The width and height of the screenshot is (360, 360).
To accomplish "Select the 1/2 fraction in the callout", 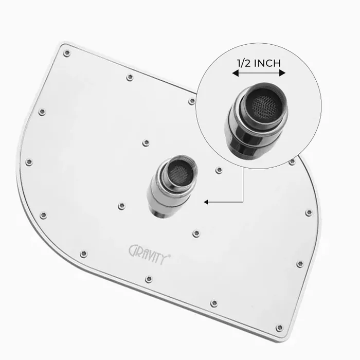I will (x=244, y=63).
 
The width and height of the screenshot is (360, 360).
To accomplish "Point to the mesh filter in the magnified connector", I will (x=265, y=105).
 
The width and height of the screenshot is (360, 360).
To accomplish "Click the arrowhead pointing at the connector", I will (x=206, y=202).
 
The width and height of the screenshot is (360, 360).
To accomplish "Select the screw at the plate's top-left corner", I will (x=66, y=52).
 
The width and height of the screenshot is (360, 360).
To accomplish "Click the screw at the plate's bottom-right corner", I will (x=279, y=328).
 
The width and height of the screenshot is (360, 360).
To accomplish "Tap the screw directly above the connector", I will (x=146, y=142).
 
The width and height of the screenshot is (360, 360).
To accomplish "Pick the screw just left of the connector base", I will (x=121, y=206).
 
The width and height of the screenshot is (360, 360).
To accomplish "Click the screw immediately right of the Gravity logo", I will (x=196, y=233).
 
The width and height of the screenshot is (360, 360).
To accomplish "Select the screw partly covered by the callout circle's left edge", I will (x=192, y=101).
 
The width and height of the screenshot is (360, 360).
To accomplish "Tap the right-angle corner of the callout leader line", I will (x=243, y=202).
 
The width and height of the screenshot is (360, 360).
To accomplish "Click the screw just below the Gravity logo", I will (x=149, y=279).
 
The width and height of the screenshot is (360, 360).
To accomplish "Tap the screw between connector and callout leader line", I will (x=219, y=170).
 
